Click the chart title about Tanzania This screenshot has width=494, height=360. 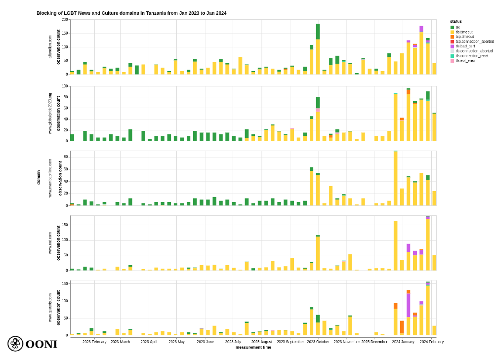pyautogui.click(x=131, y=13)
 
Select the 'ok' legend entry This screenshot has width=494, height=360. pyautogui.click(x=458, y=27)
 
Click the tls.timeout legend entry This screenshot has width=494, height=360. pyautogui.click(x=464, y=32)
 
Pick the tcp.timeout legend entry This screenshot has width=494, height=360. pyautogui.click(x=465, y=37)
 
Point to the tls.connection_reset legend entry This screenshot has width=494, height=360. pyautogui.click(x=472, y=55)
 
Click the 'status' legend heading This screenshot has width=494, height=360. pyautogui.click(x=456, y=21)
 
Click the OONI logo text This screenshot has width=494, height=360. pyautogui.click(x=41, y=344)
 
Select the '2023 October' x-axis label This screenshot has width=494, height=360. pyautogui.click(x=318, y=342)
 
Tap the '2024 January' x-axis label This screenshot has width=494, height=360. pyautogui.click(x=403, y=342)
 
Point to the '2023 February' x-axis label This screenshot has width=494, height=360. pyautogui.click(x=94, y=342)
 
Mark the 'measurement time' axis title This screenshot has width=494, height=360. pyautogui.click(x=253, y=347)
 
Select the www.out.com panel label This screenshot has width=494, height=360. pyautogui.click(x=50, y=243)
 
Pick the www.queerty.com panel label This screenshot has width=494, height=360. pyautogui.click(x=50, y=308)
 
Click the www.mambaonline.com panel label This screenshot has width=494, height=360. pyautogui.click(x=50, y=178)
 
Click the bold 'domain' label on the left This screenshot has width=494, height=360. pyautogui.click(x=39, y=177)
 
